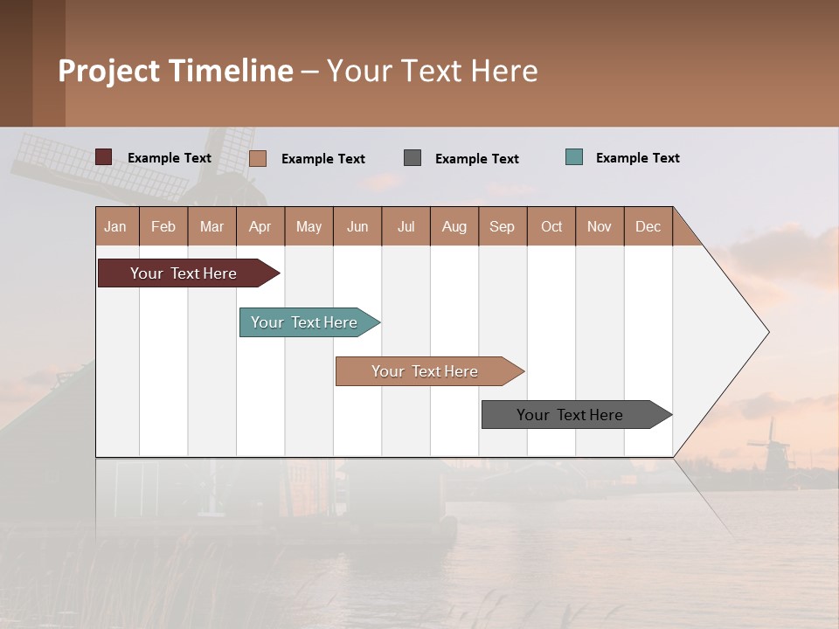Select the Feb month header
coord(163,226)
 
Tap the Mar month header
coord(211,226)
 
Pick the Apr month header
coord(260,226)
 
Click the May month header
coord(309,226)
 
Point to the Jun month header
coord(357,226)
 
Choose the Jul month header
coord(406,226)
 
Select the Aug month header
coord(454,226)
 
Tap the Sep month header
coord(503,226)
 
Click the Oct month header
coord(551,226)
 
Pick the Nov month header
coord(600,226)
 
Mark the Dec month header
coord(648,226)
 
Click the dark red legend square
coord(104,157)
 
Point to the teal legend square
coord(574,157)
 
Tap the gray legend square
coord(413,157)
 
